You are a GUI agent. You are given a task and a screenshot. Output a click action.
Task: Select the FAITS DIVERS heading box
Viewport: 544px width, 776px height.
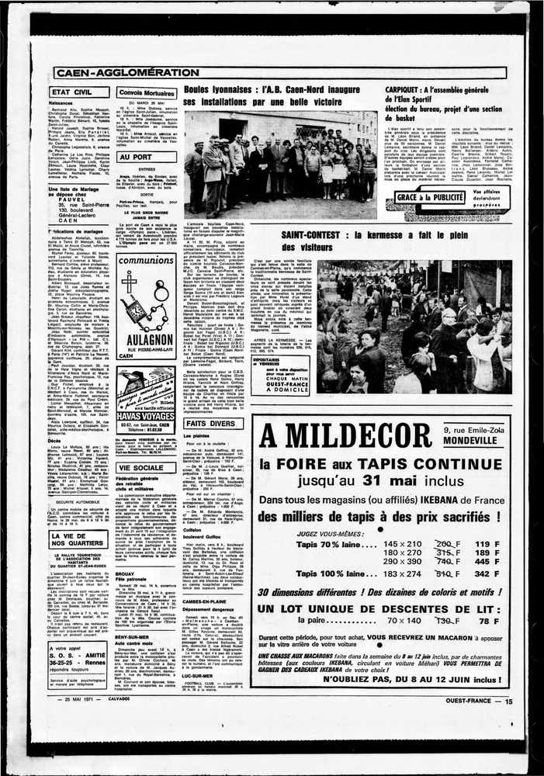(x=210, y=424)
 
